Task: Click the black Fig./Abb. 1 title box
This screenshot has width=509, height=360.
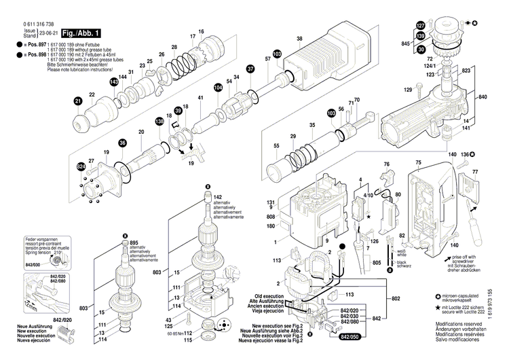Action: pyautogui.click(x=81, y=33)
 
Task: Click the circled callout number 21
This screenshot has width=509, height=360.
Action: pyautogui.click(x=78, y=102)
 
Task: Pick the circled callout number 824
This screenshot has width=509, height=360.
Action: pyautogui.click(x=81, y=166)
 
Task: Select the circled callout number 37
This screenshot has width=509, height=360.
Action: pyautogui.click(x=250, y=69)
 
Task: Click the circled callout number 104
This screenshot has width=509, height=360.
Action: pyautogui.click(x=218, y=88)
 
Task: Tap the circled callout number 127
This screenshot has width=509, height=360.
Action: pyautogui.click(x=420, y=26)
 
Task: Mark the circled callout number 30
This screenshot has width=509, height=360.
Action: pyautogui.click(x=420, y=50)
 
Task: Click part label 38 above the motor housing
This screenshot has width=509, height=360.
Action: pyautogui.click(x=299, y=39)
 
